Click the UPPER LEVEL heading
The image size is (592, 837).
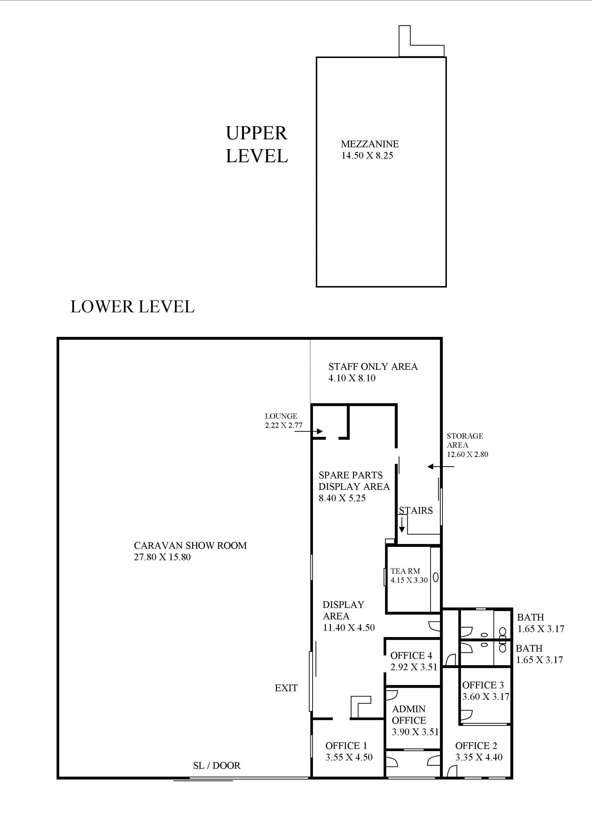pyautogui.click(x=257, y=144)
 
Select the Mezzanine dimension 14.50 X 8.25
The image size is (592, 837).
pyautogui.click(x=367, y=156)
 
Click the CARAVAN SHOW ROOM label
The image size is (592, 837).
pyautogui.click(x=190, y=545)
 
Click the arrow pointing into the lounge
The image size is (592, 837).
pyautogui.click(x=308, y=432)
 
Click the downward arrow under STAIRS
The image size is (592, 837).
pyautogui.click(x=402, y=525)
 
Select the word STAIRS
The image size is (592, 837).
pyautogui.click(x=416, y=510)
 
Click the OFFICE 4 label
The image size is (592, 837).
pyautogui.click(x=411, y=655)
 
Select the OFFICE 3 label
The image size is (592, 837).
pyautogui.click(x=483, y=685)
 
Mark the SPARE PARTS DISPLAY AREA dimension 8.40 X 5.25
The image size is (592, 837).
pyautogui.click(x=342, y=498)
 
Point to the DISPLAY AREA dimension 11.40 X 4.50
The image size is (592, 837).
pyautogui.click(x=349, y=627)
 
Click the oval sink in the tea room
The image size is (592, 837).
pyautogui.click(x=436, y=578)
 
